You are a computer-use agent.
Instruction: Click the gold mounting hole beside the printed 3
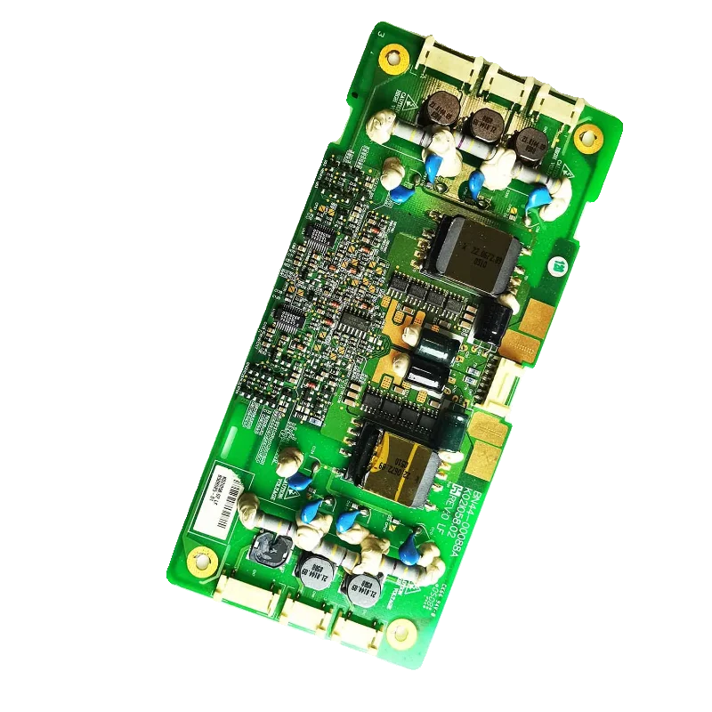pyautogui.click(x=390, y=60)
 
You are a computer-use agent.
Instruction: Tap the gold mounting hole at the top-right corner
pyautogui.click(x=586, y=137)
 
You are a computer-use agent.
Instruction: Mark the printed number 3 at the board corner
pyautogui.click(x=381, y=35)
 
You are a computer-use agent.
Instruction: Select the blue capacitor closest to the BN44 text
pyautogui.click(x=408, y=549)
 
